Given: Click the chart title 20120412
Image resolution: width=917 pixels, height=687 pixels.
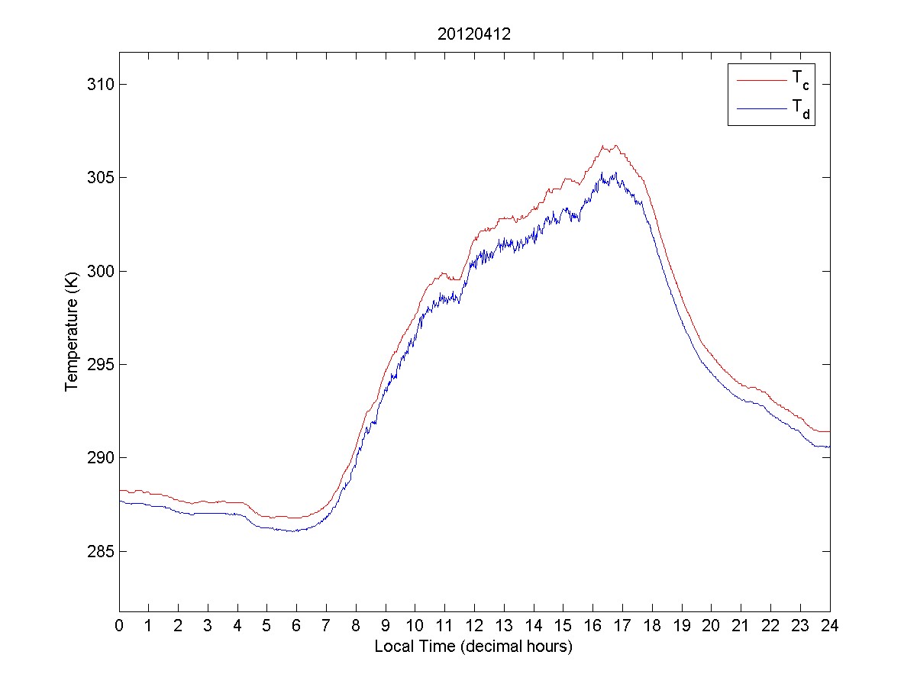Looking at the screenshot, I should click(x=473, y=34).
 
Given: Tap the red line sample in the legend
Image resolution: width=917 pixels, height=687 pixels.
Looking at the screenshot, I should click(x=760, y=79).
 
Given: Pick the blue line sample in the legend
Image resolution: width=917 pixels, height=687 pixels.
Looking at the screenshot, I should click(x=760, y=110).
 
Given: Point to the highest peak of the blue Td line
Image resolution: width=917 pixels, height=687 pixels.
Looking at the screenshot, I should click(x=602, y=173).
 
